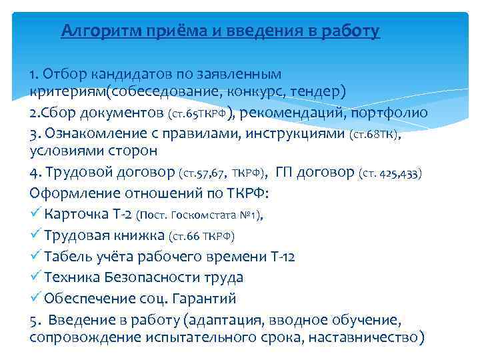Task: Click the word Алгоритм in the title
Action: (99, 31)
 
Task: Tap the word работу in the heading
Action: (351, 31)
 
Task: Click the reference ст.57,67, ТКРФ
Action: (223, 174)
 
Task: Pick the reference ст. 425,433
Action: (390, 174)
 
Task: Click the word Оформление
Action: (73, 194)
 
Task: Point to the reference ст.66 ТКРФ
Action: (201, 236)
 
